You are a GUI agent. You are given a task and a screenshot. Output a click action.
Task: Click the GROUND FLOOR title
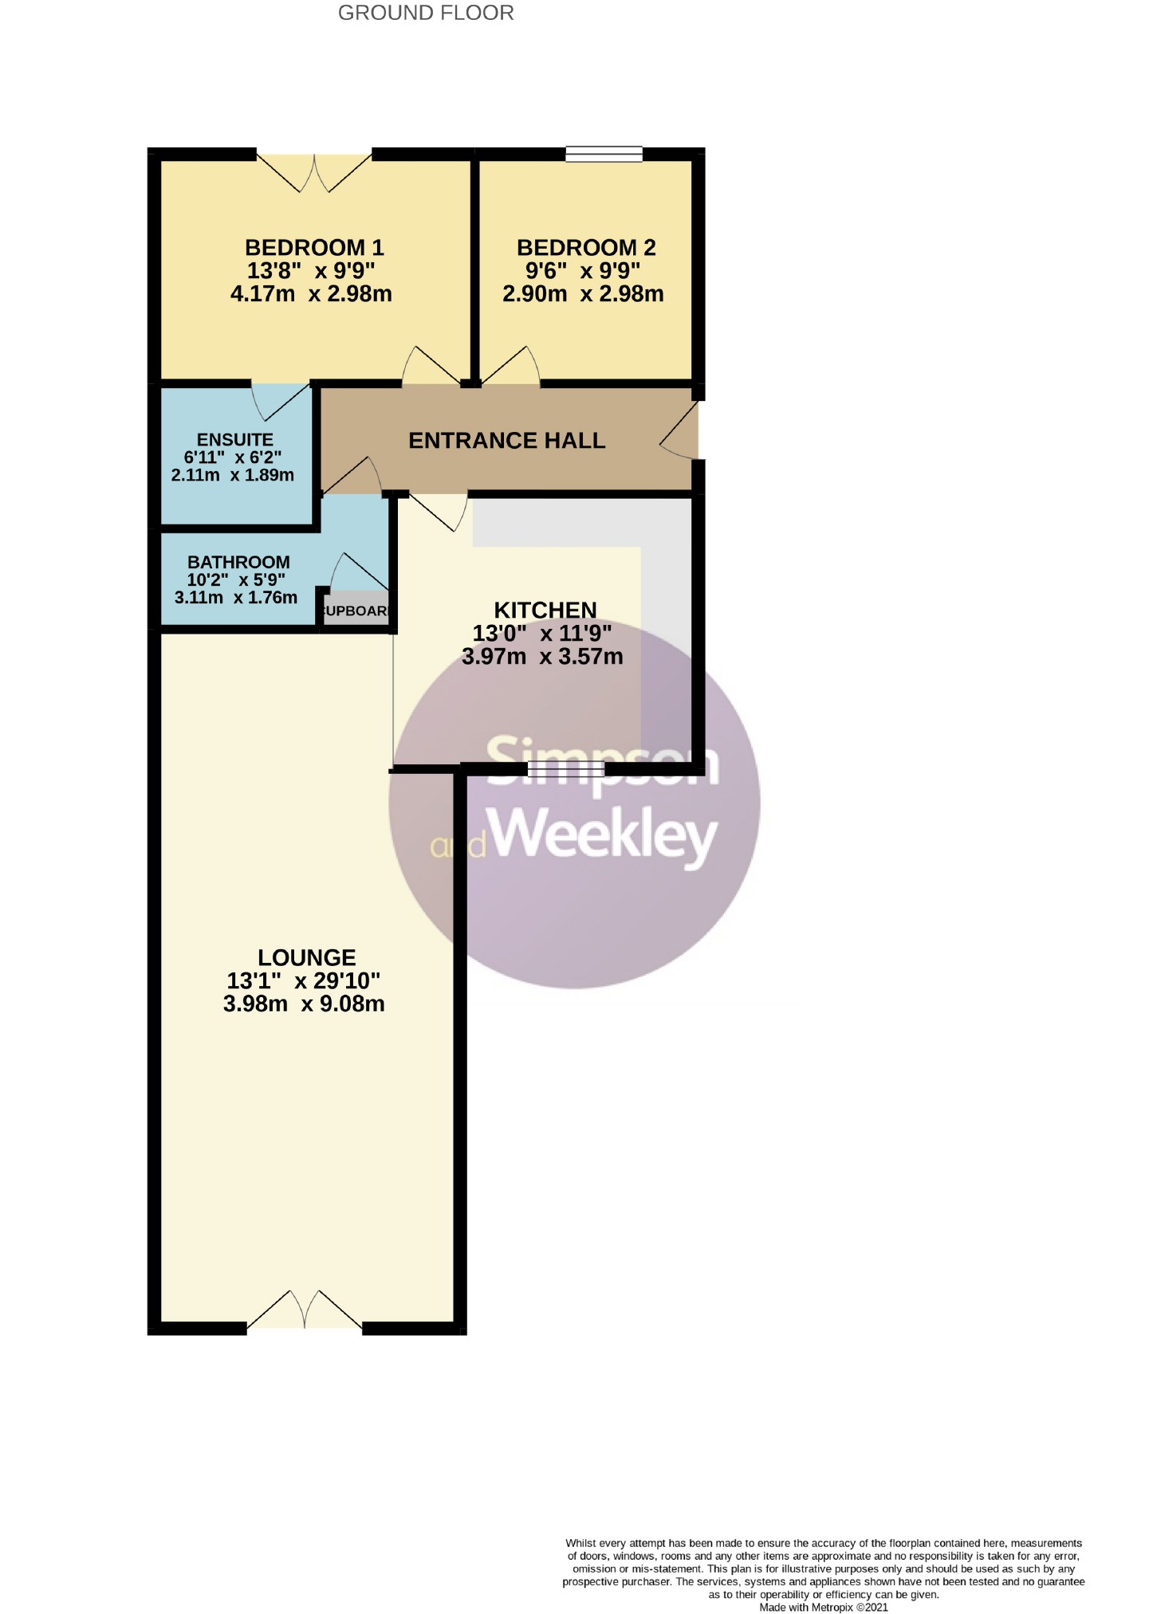point(426,13)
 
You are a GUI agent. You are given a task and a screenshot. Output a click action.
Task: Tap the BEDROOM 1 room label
point(314,247)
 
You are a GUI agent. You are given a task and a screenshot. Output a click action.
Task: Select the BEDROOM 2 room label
point(586,247)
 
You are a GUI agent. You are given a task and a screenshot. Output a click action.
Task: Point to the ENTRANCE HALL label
point(506,440)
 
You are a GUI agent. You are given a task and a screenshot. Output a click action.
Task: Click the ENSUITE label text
point(235,439)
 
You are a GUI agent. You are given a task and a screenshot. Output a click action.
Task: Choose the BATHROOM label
point(238,562)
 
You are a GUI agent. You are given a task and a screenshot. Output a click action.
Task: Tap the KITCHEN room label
point(545,610)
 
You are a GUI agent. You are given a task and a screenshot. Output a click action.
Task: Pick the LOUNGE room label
point(307,957)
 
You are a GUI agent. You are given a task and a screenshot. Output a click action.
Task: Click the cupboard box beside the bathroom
point(356,611)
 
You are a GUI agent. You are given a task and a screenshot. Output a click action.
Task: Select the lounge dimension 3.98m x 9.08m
point(304,1003)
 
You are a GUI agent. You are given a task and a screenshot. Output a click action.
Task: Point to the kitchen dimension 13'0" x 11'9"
point(542,633)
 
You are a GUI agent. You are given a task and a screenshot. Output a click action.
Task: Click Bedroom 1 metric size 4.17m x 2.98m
point(311,293)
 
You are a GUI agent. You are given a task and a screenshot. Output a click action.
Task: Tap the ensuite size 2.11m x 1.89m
point(233,475)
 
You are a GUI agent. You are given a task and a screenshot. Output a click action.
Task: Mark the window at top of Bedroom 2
point(604,154)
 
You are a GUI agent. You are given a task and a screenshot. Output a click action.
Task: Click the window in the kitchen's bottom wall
point(566,768)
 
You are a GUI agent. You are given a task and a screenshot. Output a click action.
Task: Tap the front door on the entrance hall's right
point(679,430)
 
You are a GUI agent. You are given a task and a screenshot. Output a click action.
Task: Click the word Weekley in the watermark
point(604,835)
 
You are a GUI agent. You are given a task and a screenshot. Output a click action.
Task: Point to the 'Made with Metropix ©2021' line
point(824,1607)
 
